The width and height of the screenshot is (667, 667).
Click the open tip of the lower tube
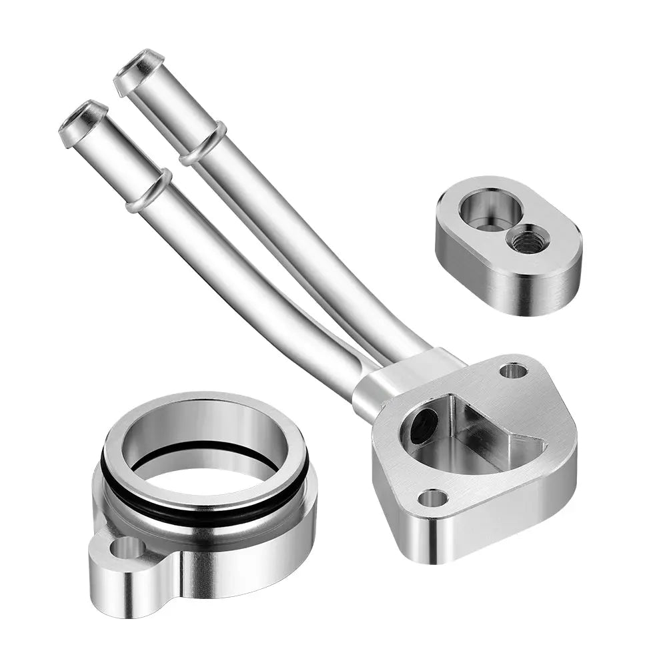pyautogui.click(x=83, y=117)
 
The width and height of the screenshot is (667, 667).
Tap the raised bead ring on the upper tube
pyautogui.click(x=203, y=143)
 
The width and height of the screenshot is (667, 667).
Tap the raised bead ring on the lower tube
pyautogui.click(x=148, y=191)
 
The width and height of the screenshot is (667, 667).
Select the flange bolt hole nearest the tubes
pyautogui.click(x=513, y=370)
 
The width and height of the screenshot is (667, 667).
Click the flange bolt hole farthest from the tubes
pyautogui.click(x=433, y=498)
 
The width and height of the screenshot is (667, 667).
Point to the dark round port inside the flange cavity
pyautogui.click(x=424, y=426)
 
